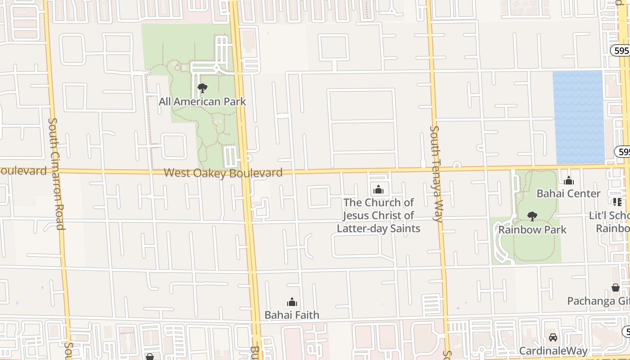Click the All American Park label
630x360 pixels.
point(202,102)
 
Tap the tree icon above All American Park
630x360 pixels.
point(202,88)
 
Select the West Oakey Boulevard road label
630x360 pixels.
point(223,173)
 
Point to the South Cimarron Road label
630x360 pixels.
point(56,173)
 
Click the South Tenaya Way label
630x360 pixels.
point(436,173)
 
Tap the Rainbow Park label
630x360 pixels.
point(532,229)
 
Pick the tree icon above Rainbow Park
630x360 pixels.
point(532,216)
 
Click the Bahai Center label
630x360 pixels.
point(568,193)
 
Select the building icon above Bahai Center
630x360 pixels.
point(569,181)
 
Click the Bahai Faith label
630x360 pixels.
point(292,315)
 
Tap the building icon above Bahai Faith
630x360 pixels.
point(292,302)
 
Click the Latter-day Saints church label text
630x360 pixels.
point(378,215)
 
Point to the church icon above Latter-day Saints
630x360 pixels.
point(378,189)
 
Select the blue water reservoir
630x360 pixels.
point(578,117)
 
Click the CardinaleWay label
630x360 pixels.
point(553,351)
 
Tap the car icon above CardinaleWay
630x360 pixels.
point(553,337)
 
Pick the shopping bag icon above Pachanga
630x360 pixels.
point(615,288)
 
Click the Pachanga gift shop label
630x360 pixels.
point(598,301)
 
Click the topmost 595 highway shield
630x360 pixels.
point(621,50)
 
